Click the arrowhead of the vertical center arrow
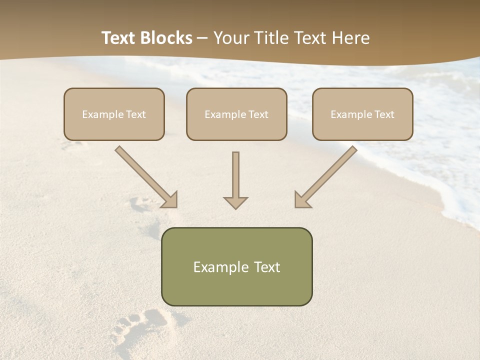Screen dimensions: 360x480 (x=235, y=202)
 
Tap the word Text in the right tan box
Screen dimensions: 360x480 (x=384, y=114)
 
